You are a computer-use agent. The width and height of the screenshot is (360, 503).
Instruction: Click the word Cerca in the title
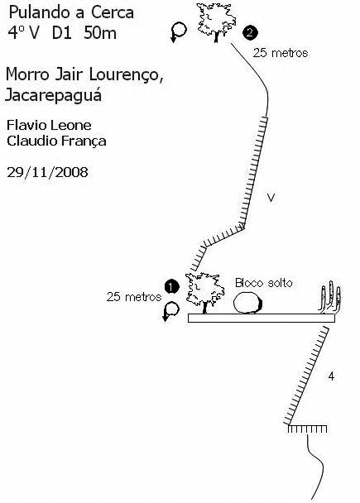[113, 13]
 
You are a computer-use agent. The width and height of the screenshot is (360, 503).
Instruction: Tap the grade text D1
[61, 33]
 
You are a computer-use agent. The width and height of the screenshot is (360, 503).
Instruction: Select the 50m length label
[100, 33]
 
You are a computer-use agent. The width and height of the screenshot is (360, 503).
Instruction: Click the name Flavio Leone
[49, 125]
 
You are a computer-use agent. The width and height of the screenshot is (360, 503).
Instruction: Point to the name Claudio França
[56, 141]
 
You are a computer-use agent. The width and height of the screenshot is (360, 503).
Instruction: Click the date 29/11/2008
[47, 172]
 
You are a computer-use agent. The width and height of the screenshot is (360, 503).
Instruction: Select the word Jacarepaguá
[54, 95]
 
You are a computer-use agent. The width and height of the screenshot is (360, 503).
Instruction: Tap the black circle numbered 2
[250, 32]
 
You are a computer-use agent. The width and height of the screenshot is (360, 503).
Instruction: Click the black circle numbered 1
[171, 287]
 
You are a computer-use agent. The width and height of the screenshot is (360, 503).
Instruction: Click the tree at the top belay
[216, 22]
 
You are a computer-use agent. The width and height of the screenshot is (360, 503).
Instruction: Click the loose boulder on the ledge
[247, 303]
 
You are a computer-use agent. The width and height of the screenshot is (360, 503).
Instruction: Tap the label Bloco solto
[264, 283]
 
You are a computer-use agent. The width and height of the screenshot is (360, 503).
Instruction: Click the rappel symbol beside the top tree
[179, 31]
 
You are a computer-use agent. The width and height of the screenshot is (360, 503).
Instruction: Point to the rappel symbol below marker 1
[171, 311]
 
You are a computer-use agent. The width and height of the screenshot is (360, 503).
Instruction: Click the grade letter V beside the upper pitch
[271, 198]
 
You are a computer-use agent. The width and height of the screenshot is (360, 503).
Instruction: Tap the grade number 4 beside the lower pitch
[331, 376]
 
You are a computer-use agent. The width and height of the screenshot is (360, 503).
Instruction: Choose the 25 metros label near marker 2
[281, 53]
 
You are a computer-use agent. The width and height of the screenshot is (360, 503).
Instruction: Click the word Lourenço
[126, 74]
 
